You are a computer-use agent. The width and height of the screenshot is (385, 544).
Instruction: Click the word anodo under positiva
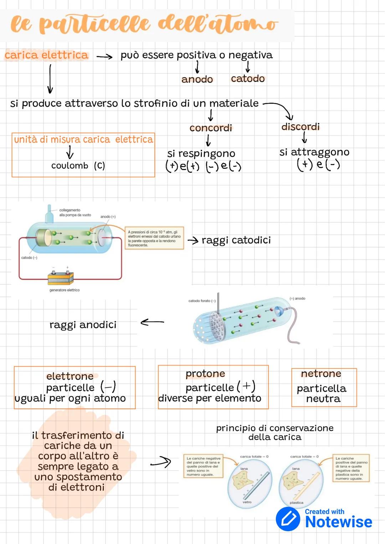coord(197,79)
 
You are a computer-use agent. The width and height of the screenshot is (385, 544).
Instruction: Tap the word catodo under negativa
coord(248,78)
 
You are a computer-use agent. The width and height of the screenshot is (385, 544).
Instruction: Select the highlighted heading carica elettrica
coord(46,55)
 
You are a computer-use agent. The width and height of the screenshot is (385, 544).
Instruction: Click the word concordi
coord(211,128)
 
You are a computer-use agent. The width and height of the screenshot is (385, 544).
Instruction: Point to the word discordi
coord(301,127)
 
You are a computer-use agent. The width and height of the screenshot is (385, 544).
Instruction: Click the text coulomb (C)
coord(78,166)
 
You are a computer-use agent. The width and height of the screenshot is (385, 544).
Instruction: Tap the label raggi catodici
coord(236,240)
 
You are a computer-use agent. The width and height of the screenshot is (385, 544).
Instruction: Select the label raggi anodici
coord(83,325)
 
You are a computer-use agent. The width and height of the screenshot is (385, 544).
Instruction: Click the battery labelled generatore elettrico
coord(61,278)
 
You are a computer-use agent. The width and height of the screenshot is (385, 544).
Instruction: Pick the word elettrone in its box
coord(70,376)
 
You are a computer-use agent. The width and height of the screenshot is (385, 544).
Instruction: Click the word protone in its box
coord(205,373)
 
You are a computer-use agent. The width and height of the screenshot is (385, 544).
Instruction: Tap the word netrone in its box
coord(321,373)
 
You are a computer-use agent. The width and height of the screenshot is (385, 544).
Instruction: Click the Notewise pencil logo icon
coord(288,519)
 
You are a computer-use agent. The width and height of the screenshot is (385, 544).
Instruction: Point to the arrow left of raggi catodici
coord(193,241)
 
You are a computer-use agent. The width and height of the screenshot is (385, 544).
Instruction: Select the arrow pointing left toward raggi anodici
coord(152,322)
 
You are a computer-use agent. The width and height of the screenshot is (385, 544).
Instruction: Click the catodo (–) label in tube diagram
coord(29,258)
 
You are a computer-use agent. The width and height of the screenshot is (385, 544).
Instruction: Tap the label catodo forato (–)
coord(202,301)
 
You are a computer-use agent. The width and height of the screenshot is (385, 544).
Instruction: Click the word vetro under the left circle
coord(247,502)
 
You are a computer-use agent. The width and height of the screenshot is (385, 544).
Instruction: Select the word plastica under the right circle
coord(297,503)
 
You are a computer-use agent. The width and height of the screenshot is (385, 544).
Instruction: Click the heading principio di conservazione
coord(274,428)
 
